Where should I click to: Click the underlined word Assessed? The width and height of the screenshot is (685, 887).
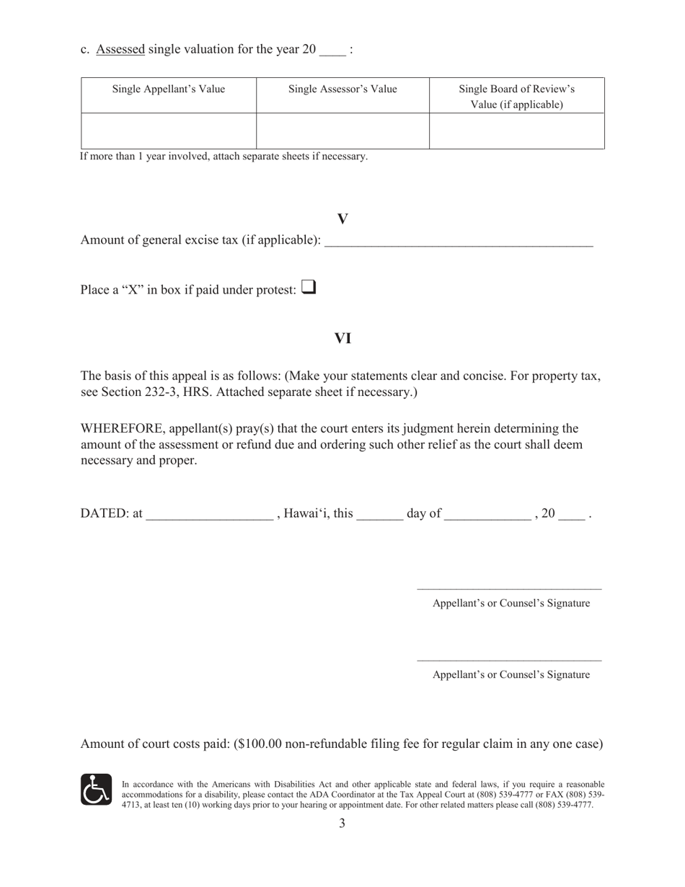(x=120, y=49)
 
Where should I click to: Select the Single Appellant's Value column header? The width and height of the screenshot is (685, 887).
(x=168, y=89)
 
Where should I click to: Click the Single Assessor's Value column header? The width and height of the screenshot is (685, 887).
(x=342, y=89)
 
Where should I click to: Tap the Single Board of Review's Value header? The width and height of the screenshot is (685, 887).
(x=516, y=97)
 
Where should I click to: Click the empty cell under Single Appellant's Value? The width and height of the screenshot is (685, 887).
(x=168, y=131)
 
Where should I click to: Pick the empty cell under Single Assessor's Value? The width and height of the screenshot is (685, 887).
(x=342, y=131)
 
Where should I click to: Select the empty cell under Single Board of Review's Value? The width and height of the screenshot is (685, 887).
(x=516, y=131)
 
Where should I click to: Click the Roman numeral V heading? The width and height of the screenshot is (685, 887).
(x=342, y=219)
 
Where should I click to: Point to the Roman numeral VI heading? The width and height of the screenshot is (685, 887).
(x=342, y=338)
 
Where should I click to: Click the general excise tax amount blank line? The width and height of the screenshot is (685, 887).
(x=459, y=242)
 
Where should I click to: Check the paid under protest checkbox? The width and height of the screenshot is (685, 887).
(x=308, y=288)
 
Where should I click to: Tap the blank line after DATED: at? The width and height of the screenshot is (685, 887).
(x=209, y=515)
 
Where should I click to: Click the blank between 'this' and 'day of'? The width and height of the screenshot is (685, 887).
(x=379, y=515)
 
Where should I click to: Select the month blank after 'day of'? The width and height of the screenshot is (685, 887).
(x=487, y=515)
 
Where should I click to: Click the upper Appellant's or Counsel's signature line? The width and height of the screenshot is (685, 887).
(x=509, y=588)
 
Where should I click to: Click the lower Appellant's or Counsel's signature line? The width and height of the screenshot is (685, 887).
(x=509, y=659)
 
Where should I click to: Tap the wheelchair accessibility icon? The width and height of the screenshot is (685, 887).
(x=96, y=790)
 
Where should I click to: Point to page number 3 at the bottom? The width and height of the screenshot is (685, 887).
(x=342, y=824)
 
